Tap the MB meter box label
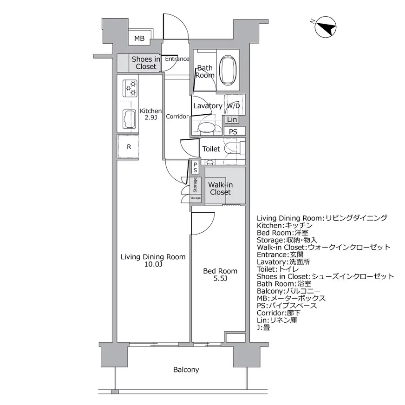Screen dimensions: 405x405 click(139, 39)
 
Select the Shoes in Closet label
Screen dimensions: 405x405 click(146, 63)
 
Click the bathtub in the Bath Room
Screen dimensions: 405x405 click(228, 70)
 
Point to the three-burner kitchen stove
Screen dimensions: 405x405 click(131, 88)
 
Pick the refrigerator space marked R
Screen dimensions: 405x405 click(129, 147)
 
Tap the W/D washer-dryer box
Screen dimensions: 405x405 click(233, 106)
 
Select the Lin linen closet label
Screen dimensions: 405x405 click(232, 120)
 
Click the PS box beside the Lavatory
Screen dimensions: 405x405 click(233, 131)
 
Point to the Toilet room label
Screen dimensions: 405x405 click(211, 149)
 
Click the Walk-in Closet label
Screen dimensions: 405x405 click(220, 189)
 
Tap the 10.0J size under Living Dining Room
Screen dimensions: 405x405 click(153, 265)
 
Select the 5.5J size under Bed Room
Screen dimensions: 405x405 click(220, 279)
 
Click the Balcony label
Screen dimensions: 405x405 click(186, 370)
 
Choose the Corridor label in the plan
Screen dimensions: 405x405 click(177, 117)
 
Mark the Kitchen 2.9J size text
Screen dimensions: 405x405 click(150, 118)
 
